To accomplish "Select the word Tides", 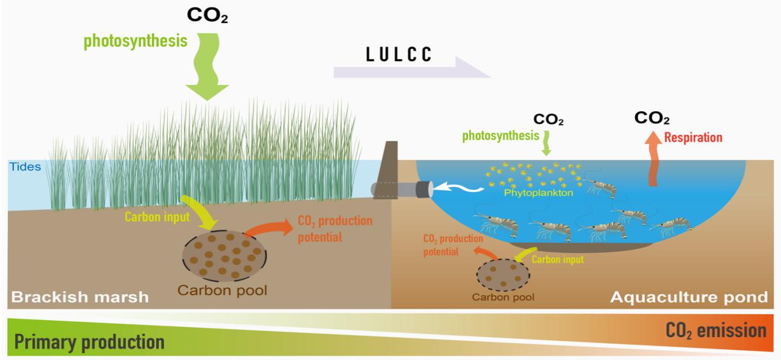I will coord(25,166).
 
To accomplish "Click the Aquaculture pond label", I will coord(688,297).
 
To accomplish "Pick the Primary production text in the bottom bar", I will coord(89,342).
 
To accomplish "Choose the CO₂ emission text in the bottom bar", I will coord(716,331).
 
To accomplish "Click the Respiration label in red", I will coord(693,137).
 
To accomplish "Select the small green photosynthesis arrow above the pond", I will coord(545,146).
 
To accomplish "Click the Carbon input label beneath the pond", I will coord(558,260).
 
